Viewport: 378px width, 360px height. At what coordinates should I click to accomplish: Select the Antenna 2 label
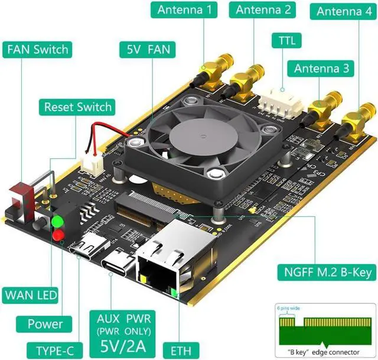coord(263,10)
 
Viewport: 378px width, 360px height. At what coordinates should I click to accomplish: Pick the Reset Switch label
coord(78,107)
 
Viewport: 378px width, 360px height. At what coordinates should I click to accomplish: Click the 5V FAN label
coord(144,49)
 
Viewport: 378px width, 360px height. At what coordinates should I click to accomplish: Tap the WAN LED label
coord(30,294)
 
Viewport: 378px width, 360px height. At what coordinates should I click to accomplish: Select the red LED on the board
coord(58,236)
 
